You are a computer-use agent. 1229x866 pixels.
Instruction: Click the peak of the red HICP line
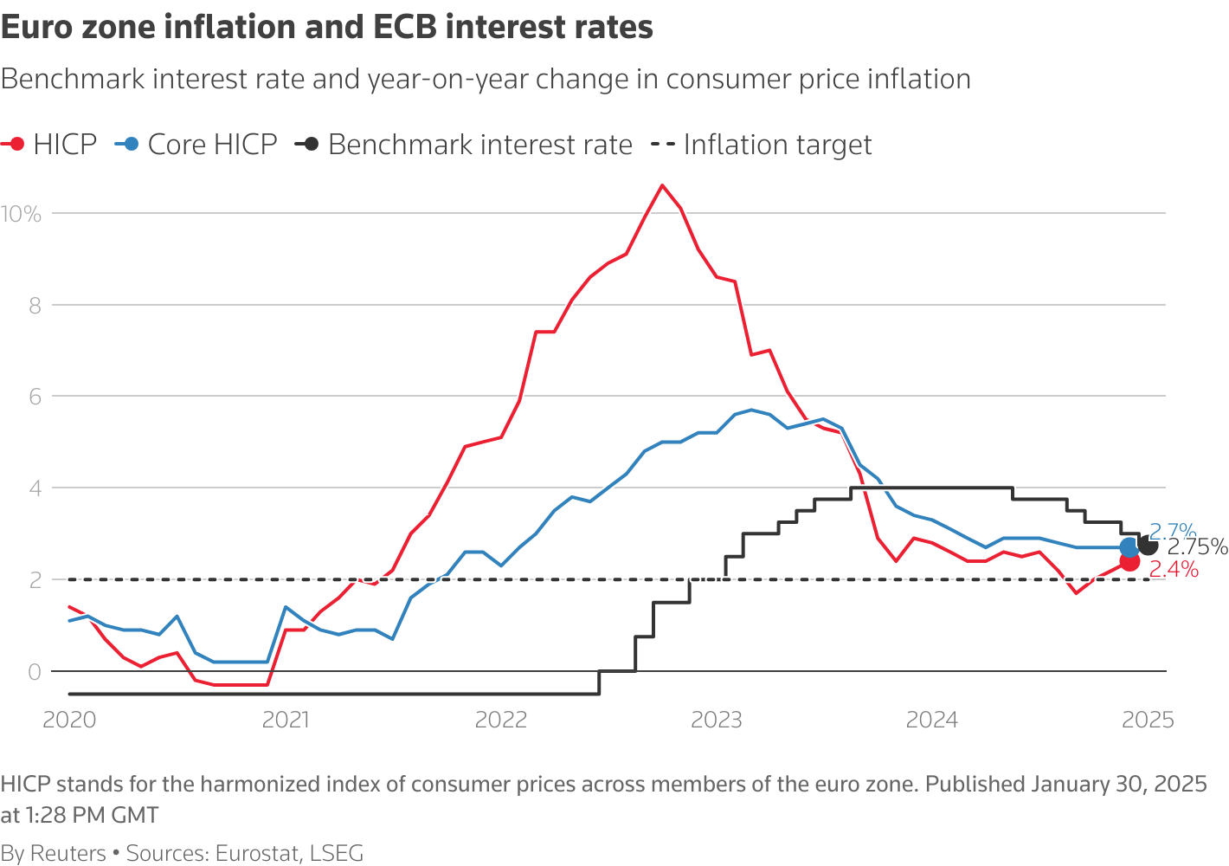tap(662, 185)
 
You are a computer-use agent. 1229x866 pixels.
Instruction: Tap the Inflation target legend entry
tap(762, 145)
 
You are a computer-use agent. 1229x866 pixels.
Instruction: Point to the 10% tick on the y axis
tap(21, 214)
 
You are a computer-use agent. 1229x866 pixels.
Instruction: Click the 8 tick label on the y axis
tap(35, 306)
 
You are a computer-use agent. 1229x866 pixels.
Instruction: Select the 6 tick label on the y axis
tap(35, 397)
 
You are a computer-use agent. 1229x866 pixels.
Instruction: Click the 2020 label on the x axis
tap(69, 721)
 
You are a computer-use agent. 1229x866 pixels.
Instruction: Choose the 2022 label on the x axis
tap(501, 721)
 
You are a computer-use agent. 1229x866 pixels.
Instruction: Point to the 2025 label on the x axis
tap(1148, 721)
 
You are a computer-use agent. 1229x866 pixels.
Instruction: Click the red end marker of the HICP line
tap(1129, 562)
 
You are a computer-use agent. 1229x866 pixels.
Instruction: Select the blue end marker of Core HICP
tap(1129, 547)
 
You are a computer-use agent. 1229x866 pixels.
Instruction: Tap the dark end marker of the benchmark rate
tap(1149, 546)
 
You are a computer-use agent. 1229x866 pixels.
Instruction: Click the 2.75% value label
tap(1198, 547)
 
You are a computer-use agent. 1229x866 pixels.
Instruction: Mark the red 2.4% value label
tap(1174, 570)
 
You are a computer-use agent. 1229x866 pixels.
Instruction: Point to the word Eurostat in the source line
tap(257, 854)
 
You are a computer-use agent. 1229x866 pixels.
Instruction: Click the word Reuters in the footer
tap(68, 854)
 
